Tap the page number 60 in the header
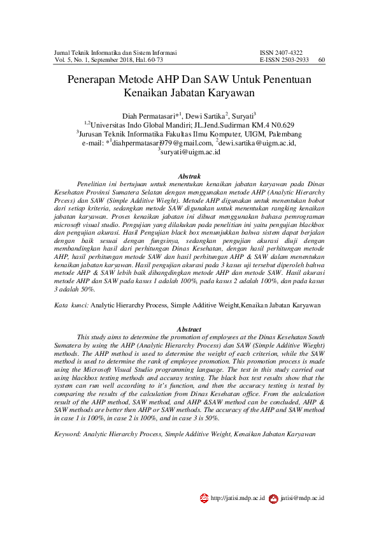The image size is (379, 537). [321, 60]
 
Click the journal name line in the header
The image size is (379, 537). [115, 52]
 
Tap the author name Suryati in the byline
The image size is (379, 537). [244, 115]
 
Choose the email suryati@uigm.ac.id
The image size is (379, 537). [191, 153]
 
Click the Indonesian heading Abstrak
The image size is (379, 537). [189, 175]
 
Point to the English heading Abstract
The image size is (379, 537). [189, 329]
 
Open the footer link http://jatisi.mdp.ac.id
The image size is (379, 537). [238, 498]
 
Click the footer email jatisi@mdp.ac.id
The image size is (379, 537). [302, 498]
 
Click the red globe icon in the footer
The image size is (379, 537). [204, 498]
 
